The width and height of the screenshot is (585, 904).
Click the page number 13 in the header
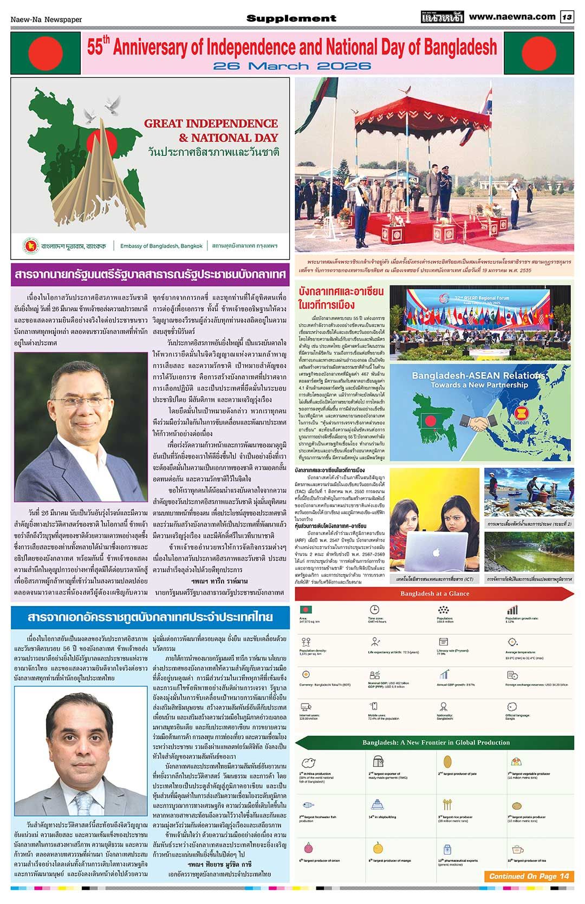coord(567,17)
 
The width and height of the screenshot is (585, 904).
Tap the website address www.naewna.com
coord(512,17)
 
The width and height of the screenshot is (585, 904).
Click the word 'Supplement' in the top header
coord(291,18)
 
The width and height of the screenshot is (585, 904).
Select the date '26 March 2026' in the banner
coord(292,66)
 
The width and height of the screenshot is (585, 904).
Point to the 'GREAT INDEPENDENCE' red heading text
coord(211,123)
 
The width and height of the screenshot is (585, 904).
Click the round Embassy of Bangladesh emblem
coord(30,245)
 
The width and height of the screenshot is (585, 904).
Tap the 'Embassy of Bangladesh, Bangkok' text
coord(161,246)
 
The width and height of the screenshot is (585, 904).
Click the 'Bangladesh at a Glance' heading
coord(434,594)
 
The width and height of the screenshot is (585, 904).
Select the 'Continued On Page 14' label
coord(529,876)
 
